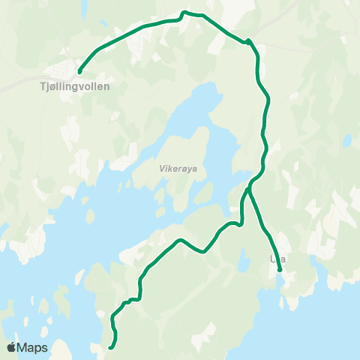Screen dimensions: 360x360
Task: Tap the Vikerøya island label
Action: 178,169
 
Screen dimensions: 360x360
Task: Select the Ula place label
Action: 278,259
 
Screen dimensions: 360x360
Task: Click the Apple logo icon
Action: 11,347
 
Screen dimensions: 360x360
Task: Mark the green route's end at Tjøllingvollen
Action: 79,72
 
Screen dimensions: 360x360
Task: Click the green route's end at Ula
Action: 280,270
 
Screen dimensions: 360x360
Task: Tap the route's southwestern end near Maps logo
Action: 110,347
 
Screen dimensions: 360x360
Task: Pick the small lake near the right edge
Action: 347,140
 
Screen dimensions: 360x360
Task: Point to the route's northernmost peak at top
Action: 184,12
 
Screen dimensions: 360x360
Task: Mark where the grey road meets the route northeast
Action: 248,40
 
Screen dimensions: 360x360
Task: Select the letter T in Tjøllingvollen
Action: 41,86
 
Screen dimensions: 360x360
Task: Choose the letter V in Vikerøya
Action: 161,169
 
